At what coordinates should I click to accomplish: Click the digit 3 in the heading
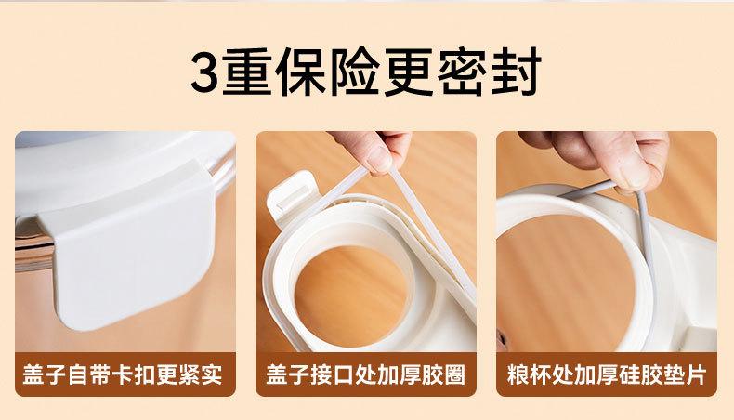205,72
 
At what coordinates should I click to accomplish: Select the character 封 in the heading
516,72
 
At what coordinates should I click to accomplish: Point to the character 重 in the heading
247,72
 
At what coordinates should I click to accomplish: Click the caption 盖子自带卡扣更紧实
123,374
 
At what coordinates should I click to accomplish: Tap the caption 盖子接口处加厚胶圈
365,374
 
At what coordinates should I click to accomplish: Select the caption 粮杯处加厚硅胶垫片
606,374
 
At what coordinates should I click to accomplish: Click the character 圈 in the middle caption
454,374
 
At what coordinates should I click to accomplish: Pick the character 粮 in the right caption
518,374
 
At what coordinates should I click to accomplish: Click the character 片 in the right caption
696,374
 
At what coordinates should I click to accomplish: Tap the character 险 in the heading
354,72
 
